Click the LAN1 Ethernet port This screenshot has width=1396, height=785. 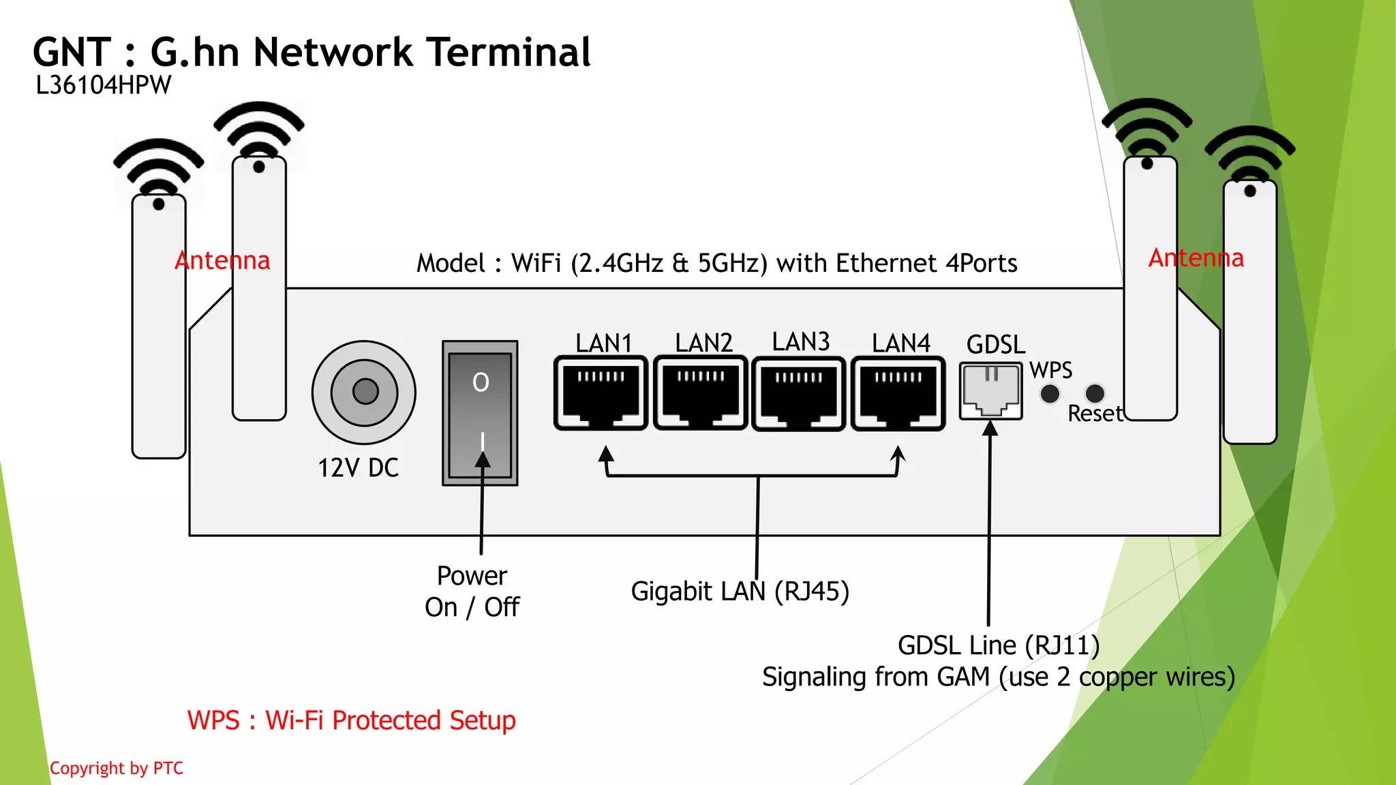[x=601, y=393]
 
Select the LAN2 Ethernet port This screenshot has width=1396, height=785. [x=700, y=393]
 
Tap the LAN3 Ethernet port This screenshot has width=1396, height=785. [x=799, y=395]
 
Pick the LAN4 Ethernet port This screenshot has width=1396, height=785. [x=898, y=394]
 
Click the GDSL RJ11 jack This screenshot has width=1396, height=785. [x=991, y=391]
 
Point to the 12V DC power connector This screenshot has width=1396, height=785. [x=364, y=392]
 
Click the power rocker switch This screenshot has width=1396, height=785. [x=480, y=413]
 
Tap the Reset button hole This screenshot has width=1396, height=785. [x=1095, y=392]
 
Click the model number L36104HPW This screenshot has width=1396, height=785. [x=103, y=86]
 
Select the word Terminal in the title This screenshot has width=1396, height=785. [x=509, y=52]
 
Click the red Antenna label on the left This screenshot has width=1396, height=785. [x=222, y=260]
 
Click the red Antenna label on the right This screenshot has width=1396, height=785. [x=1196, y=258]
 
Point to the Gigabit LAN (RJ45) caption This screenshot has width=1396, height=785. [x=740, y=591]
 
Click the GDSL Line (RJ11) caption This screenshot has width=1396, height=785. [x=998, y=645]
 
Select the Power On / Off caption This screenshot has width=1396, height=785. [x=472, y=591]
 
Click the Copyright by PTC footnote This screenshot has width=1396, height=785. [x=117, y=768]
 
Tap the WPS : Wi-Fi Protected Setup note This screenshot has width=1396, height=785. [x=351, y=720]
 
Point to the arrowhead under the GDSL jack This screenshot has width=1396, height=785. [x=990, y=428]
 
